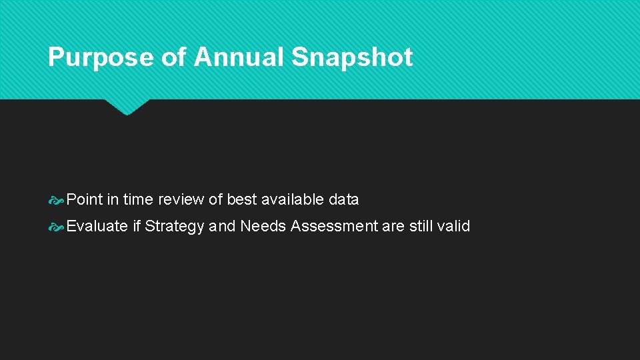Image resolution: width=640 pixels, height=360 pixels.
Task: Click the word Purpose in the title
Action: coord(101,57)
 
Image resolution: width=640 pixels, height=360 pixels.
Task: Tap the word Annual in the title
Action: coord(239,57)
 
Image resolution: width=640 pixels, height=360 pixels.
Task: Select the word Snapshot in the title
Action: coord(351,57)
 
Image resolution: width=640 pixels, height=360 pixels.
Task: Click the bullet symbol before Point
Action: coord(57,200)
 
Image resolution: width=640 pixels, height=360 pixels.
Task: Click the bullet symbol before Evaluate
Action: coord(57,227)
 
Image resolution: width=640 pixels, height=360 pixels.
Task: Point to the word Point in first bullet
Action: coord(85,199)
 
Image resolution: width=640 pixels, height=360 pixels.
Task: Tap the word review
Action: coord(182,199)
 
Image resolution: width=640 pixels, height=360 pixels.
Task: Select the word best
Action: coord(242,199)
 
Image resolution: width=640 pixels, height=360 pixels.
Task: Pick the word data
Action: coord(343,199)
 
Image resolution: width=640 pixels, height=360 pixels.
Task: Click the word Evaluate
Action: coord(97,226)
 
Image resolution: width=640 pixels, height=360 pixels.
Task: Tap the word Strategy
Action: coord(175,227)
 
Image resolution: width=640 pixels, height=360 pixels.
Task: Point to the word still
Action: coord(421,226)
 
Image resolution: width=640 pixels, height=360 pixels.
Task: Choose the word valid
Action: coord(453,226)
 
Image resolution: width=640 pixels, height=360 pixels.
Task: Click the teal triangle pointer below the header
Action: coord(127,106)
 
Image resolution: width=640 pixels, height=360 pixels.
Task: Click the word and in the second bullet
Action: coord(222,226)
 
